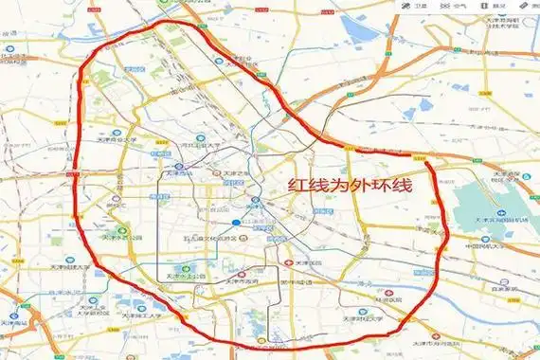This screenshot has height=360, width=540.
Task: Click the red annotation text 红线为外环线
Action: [x=351, y=187]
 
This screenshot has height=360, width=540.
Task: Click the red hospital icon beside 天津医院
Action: [x=289, y=262]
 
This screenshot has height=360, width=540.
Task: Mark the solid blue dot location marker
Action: [x=235, y=224]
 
